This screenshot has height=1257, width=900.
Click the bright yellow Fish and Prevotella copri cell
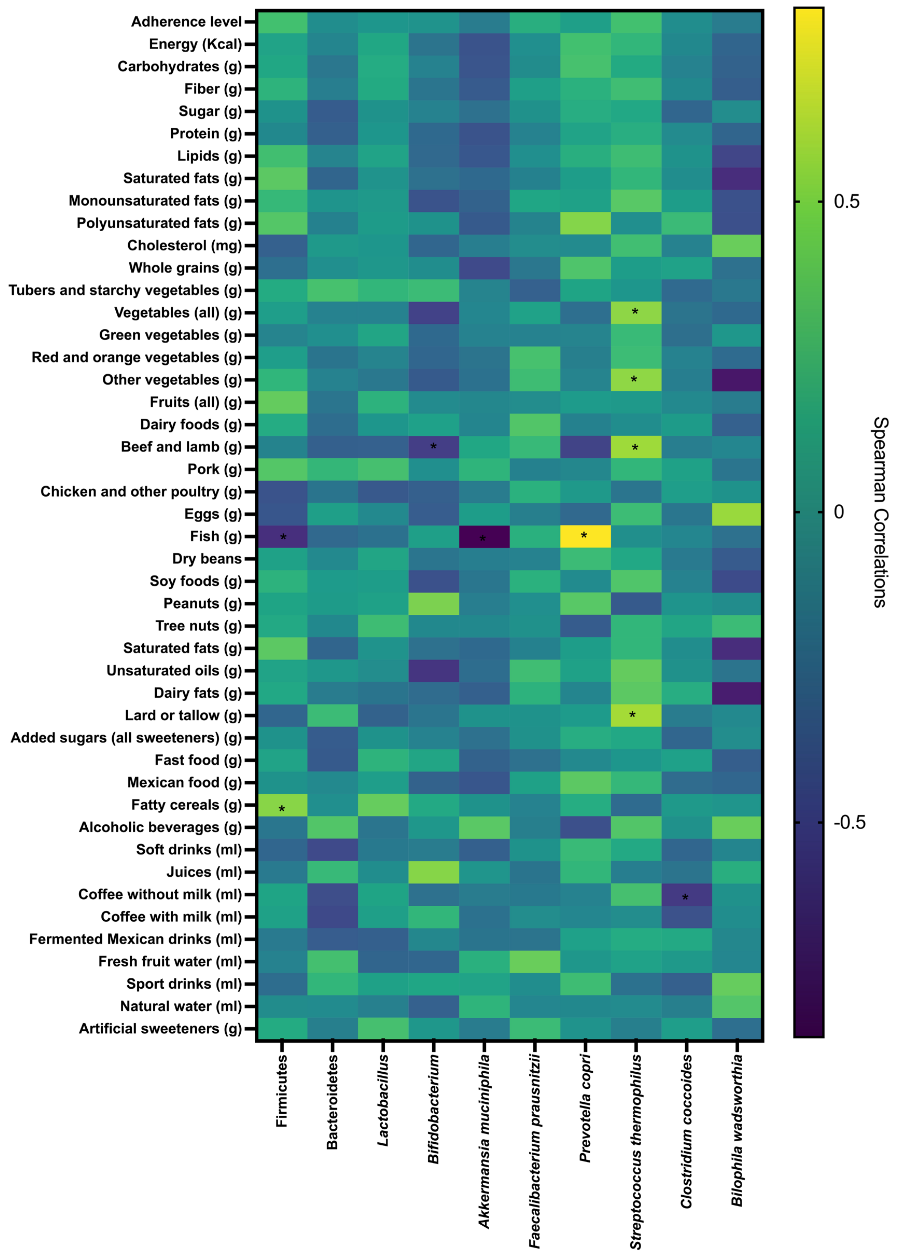click(x=585, y=537)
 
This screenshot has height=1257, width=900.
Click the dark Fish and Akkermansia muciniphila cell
click(x=484, y=537)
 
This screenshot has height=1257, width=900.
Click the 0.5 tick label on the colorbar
click(x=847, y=202)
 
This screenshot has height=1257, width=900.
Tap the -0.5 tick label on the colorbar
click(x=849, y=822)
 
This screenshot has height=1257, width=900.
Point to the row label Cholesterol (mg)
click(x=185, y=246)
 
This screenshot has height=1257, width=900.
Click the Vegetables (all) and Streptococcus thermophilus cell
click(x=636, y=312)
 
